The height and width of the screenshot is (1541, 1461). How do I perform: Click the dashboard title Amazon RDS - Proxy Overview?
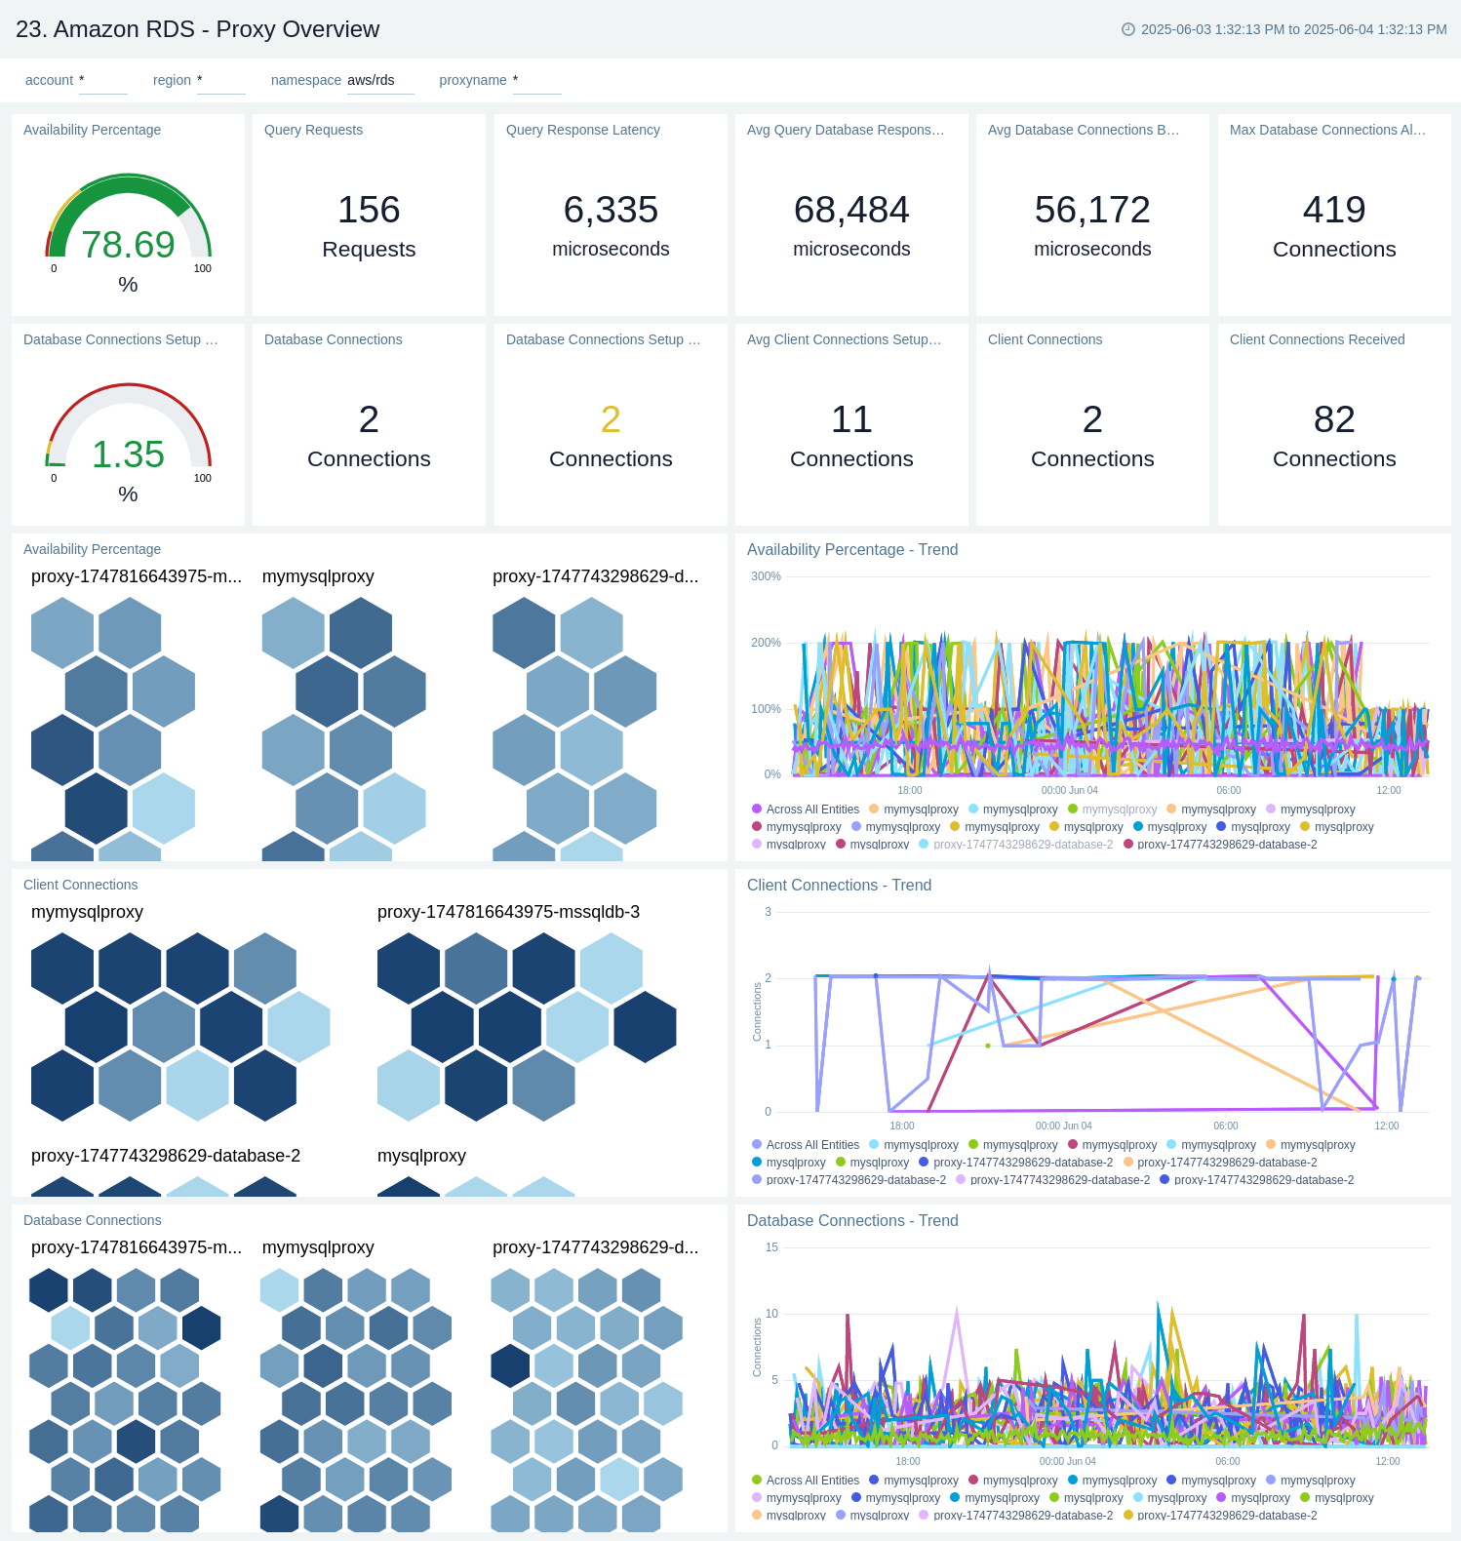[x=197, y=29]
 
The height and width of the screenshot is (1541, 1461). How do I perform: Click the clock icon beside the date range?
[x=1128, y=29]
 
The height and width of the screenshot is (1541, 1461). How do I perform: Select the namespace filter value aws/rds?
[x=371, y=80]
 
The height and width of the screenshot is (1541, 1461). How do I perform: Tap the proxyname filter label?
[x=472, y=80]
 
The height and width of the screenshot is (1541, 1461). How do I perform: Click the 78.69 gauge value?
[x=128, y=245]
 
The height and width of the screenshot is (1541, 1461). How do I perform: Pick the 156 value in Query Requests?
[x=369, y=210]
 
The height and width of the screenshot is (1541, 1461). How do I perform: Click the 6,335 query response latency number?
[x=611, y=210]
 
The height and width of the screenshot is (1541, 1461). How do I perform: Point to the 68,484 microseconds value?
[x=851, y=210]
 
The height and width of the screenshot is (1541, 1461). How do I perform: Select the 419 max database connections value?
[x=1334, y=210]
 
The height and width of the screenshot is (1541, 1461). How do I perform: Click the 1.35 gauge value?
[x=128, y=454]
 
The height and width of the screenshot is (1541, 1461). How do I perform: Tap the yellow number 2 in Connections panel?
[x=611, y=419]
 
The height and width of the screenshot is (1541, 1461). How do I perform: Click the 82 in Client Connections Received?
[x=1334, y=419]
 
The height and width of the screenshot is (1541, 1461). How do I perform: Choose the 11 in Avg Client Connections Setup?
[x=851, y=419]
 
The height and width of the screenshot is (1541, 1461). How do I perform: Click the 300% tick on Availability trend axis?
[x=766, y=576]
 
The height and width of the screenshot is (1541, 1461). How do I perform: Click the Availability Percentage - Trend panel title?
[x=852, y=549]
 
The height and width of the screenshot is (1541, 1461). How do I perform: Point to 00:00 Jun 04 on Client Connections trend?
[x=1063, y=1126]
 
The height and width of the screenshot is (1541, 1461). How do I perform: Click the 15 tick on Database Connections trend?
[x=771, y=1247]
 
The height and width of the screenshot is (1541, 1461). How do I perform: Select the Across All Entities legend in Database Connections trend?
[x=812, y=1481]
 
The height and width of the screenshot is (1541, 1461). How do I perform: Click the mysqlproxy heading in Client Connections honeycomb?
[x=421, y=1156]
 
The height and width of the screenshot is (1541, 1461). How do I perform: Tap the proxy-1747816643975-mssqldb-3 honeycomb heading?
[x=508, y=912]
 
